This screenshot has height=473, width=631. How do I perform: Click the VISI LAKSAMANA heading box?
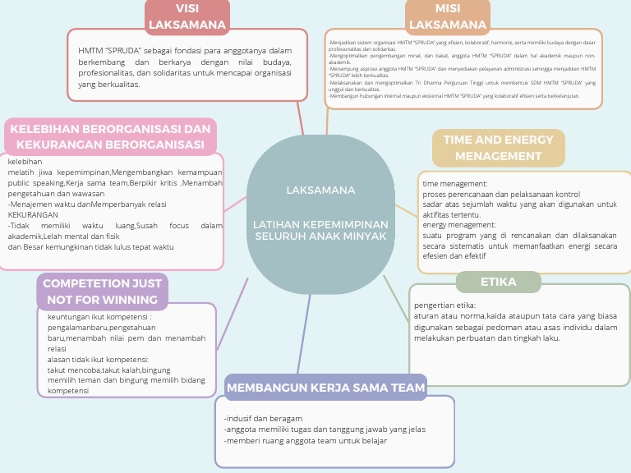(x=187, y=16)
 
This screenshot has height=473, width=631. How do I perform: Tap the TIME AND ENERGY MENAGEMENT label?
(x=499, y=148)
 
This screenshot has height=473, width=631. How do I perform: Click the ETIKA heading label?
(x=499, y=282)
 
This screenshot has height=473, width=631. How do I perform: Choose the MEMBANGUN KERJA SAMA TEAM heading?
(x=326, y=388)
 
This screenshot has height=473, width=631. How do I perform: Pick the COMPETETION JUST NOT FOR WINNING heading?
(x=102, y=292)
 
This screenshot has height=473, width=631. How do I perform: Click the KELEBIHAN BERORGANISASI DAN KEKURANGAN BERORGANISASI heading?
(x=111, y=137)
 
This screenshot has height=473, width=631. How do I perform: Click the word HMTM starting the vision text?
(x=90, y=50)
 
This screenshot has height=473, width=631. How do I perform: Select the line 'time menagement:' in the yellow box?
(x=455, y=183)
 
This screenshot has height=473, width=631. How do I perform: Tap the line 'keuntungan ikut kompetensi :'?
(x=99, y=317)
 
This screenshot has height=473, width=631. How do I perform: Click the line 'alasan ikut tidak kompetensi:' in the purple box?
(x=98, y=360)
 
